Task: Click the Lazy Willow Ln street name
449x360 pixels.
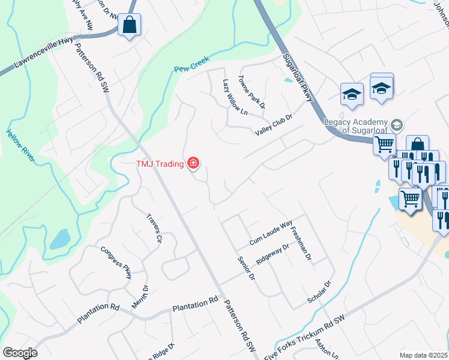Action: (235, 97)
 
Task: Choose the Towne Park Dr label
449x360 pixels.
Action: (251, 91)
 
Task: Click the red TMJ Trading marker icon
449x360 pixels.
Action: (193, 163)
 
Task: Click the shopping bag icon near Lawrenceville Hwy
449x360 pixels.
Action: (128, 25)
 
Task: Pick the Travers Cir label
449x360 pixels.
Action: (155, 228)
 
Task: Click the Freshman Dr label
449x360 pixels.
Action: (300, 244)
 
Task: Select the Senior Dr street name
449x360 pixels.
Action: (246, 269)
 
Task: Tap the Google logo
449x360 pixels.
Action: (20, 353)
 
